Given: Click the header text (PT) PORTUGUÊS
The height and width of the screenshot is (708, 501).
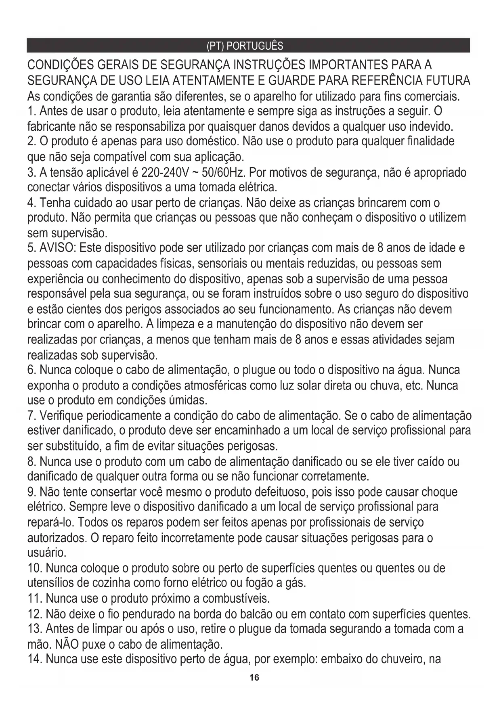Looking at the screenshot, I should [245, 46].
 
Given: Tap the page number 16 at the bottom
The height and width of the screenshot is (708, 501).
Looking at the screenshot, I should [254, 677].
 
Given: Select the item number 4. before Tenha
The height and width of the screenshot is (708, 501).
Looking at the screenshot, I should [31, 203].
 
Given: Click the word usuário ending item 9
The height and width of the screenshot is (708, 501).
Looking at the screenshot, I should [46, 552].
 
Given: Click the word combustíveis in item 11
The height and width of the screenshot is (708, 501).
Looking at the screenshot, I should [236, 597].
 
